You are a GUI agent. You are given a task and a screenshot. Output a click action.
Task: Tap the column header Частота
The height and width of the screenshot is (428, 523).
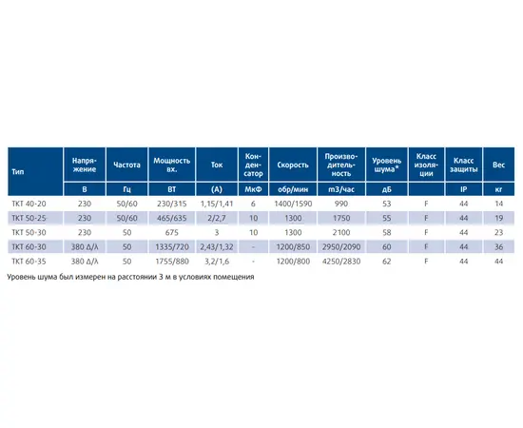click(x=126, y=165)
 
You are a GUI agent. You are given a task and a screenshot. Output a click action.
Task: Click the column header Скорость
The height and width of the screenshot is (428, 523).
click(x=293, y=165)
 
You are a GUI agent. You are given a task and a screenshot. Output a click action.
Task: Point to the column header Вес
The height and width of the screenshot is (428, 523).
click(x=498, y=165)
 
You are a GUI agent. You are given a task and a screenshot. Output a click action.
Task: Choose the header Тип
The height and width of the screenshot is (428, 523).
click(x=18, y=172)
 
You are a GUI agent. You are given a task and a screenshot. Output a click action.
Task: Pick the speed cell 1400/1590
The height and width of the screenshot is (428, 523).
click(x=293, y=204)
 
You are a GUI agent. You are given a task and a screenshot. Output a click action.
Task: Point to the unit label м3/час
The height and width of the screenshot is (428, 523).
click(x=340, y=189)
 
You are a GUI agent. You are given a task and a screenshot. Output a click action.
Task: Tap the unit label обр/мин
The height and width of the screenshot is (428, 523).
click(x=293, y=189)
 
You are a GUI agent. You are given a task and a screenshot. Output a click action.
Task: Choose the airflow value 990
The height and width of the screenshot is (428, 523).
click(x=340, y=204)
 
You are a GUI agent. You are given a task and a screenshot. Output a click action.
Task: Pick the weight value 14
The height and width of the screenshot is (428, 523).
click(x=498, y=204)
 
